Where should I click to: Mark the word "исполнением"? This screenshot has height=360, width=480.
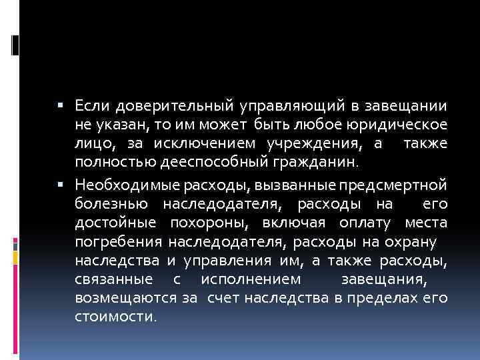point(257,278)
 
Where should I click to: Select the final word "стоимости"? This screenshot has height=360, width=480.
point(115,317)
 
